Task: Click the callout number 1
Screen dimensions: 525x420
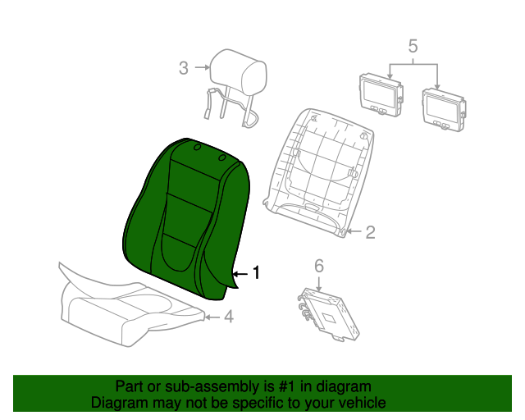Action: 257,272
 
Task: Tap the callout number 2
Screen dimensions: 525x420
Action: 370,232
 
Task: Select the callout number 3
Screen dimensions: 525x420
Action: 184,68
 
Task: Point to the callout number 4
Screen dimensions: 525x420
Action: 228,317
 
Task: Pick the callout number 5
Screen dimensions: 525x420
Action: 413,46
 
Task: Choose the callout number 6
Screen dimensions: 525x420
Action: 319,266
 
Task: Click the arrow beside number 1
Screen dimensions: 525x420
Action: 240,274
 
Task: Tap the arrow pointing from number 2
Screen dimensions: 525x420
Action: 354,231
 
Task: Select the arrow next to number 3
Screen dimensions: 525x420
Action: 203,67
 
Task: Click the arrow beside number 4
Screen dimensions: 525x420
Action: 212,317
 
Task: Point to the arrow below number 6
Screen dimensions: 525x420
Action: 318,284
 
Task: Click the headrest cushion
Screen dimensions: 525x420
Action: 239,74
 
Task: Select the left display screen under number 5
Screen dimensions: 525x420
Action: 381,95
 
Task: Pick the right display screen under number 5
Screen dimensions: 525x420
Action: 444,110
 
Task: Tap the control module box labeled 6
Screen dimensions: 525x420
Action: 328,314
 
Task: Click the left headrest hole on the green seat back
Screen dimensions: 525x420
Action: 197,148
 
